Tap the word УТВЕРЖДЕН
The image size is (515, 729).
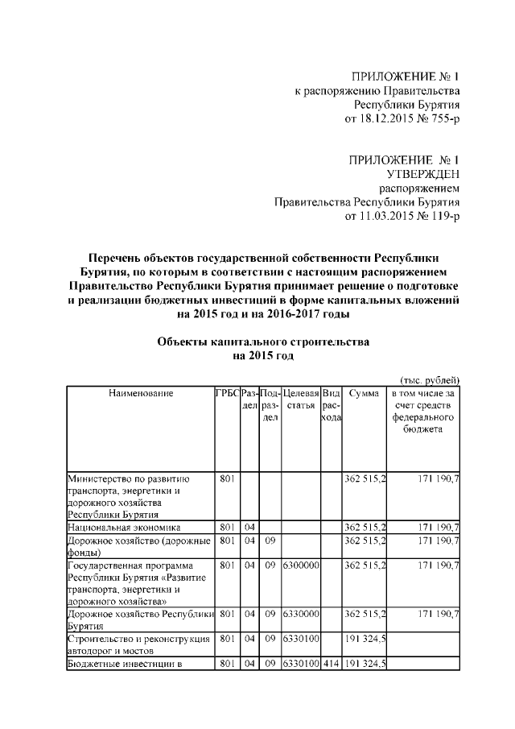[423, 173]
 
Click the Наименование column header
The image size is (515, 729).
[139, 393]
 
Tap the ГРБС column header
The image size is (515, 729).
[226, 393]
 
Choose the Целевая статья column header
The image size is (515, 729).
[301, 400]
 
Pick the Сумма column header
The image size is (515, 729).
[365, 393]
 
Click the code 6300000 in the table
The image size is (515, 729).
[301, 566]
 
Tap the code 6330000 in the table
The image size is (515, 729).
[301, 614]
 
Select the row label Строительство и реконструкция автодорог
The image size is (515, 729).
[139, 644]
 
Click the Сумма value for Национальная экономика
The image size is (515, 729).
[365, 527]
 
